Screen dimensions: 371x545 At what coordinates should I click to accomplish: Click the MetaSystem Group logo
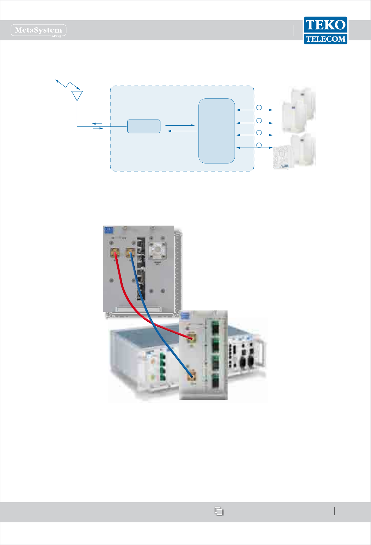point(39,30)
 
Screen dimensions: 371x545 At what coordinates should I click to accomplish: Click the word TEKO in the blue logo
point(325,25)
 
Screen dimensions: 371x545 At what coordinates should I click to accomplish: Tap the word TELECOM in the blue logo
point(326,39)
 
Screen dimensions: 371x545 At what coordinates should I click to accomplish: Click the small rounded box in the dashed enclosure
point(144,126)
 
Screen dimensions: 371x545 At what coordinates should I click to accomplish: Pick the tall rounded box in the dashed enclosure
point(217,131)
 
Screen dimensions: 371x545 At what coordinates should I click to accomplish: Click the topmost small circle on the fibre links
point(259,107)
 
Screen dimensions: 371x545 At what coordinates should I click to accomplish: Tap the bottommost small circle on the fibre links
point(259,145)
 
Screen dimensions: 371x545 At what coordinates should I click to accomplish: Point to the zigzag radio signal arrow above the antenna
point(67,84)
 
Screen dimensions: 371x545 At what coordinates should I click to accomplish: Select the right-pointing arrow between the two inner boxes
point(180,125)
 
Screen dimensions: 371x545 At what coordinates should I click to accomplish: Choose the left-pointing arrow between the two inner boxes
point(181,131)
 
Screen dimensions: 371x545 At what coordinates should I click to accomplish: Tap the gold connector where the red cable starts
point(114,253)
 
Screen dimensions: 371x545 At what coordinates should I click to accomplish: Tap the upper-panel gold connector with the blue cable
point(130,253)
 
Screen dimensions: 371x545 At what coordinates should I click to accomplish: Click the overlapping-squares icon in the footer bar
point(219,511)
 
